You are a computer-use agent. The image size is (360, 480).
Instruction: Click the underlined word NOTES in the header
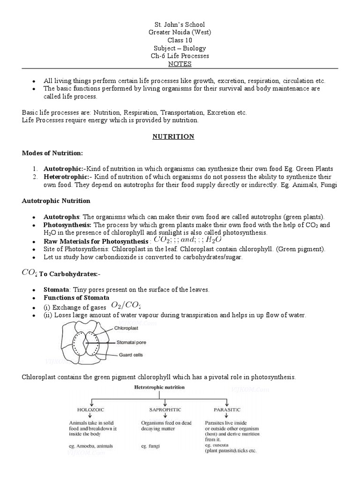tap(180, 64)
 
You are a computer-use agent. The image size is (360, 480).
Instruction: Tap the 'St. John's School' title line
tap(180, 24)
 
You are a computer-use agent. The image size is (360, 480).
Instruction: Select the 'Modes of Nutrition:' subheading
tap(52, 153)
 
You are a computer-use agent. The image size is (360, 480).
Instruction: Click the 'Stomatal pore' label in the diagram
tap(132, 342)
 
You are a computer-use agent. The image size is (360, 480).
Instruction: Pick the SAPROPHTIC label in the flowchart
tap(158, 409)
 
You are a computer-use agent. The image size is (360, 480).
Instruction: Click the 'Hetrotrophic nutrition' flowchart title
tap(159, 388)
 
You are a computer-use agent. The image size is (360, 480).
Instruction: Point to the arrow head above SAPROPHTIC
tap(159, 403)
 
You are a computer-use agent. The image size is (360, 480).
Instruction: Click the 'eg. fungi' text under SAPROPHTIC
tap(150, 446)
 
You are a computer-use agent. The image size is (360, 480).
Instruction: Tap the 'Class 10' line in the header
tap(180, 40)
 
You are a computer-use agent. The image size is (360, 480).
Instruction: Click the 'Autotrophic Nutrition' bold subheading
tap(56, 201)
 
